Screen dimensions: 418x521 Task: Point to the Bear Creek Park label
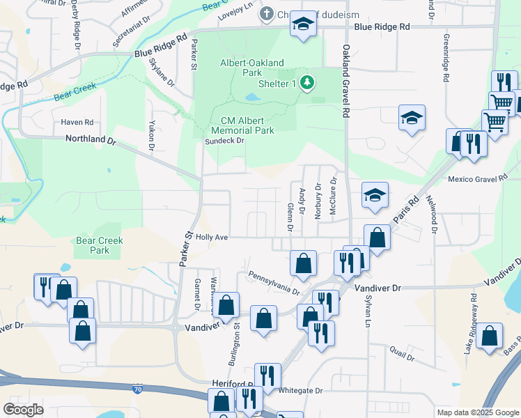[x=100, y=245]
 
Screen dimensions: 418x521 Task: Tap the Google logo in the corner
[x=23, y=410]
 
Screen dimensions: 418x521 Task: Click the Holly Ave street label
[x=212, y=237]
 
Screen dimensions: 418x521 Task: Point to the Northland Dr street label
[x=90, y=139]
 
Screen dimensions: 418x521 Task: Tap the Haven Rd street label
[x=77, y=122]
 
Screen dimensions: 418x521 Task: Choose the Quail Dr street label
[x=402, y=353]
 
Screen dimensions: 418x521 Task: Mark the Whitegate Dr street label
[x=301, y=392]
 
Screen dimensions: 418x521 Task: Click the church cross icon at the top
[x=265, y=13]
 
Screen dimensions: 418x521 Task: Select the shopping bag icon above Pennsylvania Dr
[x=303, y=263]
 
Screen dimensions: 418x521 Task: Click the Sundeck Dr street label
[x=224, y=141]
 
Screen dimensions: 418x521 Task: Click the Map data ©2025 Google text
[x=477, y=412]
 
